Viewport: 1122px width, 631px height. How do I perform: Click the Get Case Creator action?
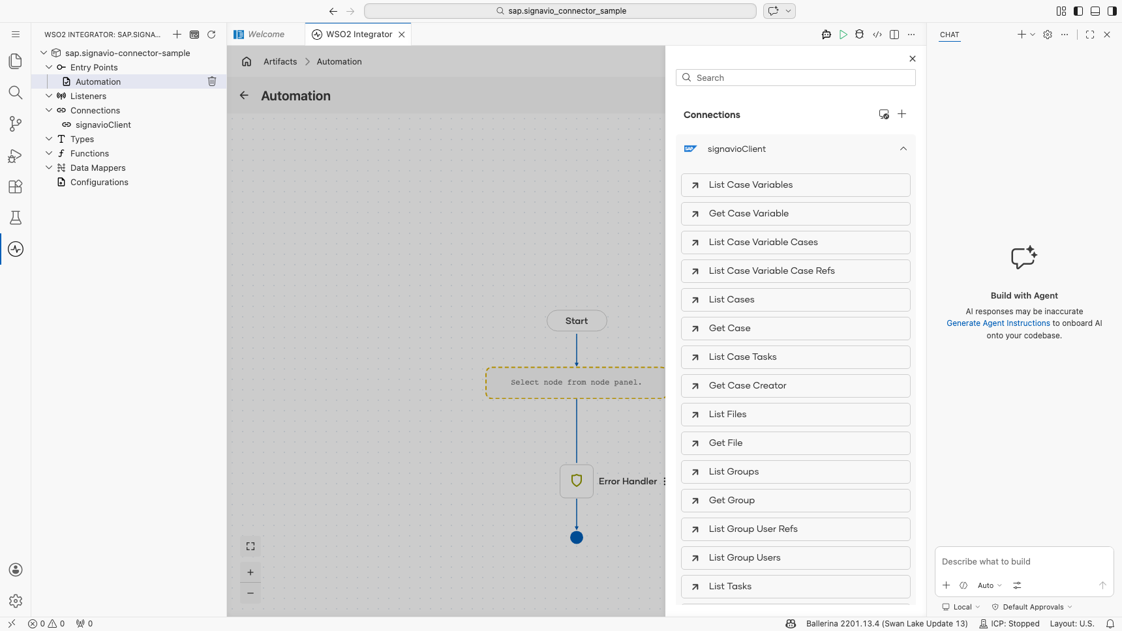coord(795,386)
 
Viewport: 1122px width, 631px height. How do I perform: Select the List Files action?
coord(795,415)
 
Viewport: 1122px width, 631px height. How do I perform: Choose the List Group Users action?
coord(795,558)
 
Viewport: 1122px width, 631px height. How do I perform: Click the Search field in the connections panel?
coord(795,78)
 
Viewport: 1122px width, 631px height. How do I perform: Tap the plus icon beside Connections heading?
coord(902,114)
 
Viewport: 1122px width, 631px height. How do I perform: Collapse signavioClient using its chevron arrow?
coord(903,149)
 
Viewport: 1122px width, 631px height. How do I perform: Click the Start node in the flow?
coord(577,321)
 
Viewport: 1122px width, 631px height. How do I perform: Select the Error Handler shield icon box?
coord(577,481)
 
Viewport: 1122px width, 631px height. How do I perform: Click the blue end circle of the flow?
coord(577,538)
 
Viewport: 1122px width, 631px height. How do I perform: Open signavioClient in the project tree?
coord(103,125)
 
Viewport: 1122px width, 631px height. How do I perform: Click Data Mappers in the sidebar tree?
coord(98,168)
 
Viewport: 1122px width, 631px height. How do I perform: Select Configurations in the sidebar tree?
coord(99,182)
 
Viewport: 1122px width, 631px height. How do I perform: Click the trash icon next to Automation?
coord(212,81)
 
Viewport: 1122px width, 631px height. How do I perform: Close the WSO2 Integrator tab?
coord(402,35)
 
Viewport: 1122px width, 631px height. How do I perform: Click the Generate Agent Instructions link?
coord(998,323)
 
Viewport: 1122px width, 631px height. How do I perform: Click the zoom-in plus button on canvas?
coord(250,572)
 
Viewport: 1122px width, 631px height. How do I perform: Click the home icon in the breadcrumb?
coord(247,61)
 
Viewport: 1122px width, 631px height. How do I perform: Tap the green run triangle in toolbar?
coord(843,35)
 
